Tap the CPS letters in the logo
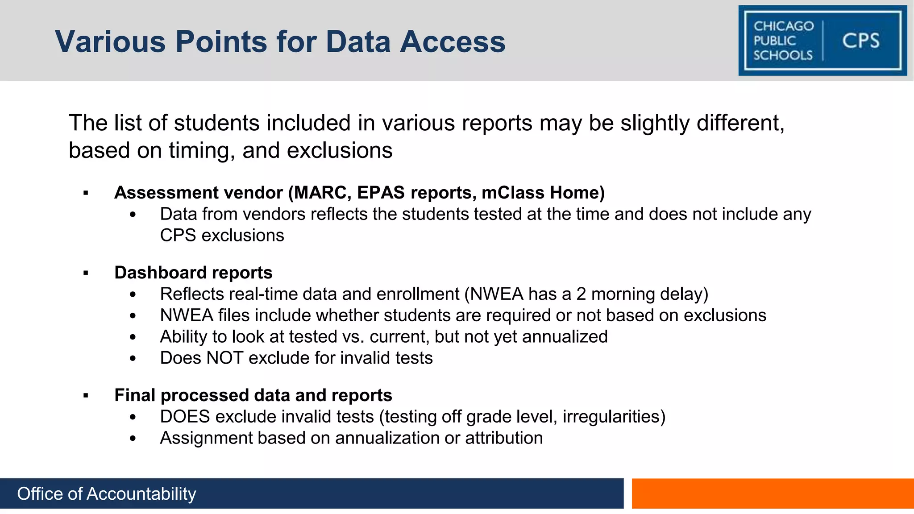[860, 41]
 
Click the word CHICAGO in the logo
[784, 26]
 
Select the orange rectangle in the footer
[773, 493]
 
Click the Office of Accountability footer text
[107, 494]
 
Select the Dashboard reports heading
[193, 273]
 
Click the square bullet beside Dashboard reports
[86, 273]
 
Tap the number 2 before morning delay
[581, 294]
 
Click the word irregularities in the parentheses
[611, 417]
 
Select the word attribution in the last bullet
[504, 438]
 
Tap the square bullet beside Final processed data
[86, 396]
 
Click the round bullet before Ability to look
[133, 337]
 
